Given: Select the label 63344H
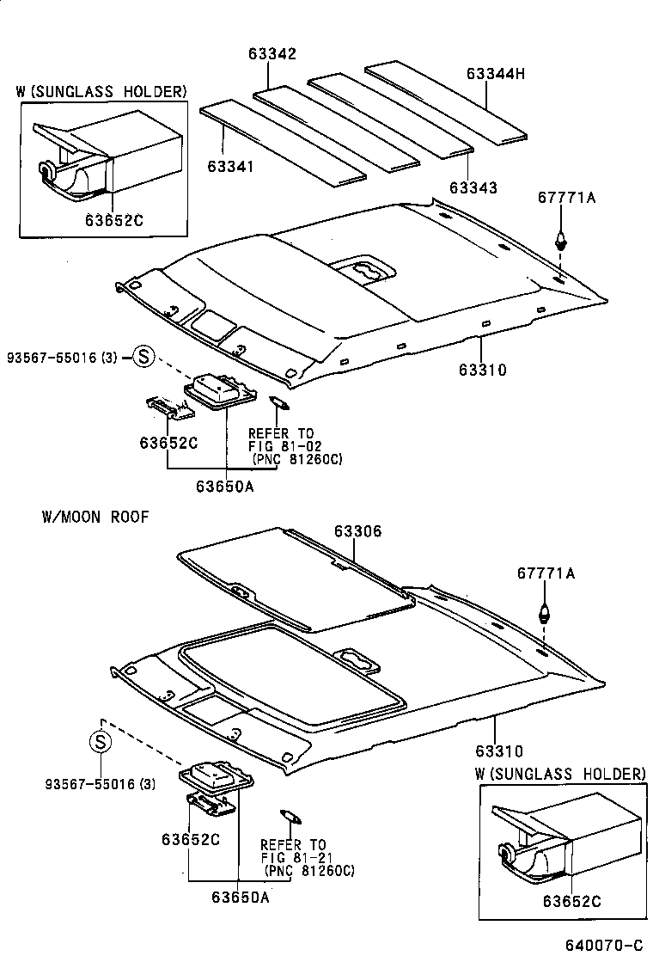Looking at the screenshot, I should [x=495, y=74].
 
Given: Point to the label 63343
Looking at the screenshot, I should [x=473, y=187].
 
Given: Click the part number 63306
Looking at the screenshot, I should [x=357, y=532].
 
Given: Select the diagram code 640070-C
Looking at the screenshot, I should [x=603, y=945].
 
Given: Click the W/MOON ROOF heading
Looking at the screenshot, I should [x=95, y=517].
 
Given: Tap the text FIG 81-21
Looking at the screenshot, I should [x=295, y=858].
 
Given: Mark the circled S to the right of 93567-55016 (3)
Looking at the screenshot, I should [x=143, y=357].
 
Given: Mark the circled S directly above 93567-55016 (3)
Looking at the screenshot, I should [x=101, y=741].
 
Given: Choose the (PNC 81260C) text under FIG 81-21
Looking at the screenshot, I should [x=309, y=871].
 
